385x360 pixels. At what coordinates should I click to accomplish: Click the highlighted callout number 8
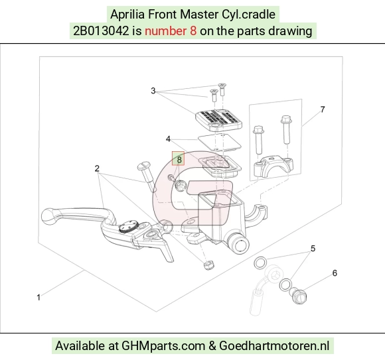point(179,160)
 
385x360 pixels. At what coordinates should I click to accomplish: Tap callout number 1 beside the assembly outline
point(38,298)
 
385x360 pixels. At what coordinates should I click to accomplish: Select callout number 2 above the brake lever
point(97,168)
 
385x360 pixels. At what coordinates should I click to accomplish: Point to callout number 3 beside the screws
point(153,91)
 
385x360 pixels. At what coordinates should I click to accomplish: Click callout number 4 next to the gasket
point(168,139)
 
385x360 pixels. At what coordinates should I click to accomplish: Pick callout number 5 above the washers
point(313,249)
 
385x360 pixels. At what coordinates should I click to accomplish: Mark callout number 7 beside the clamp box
point(323,109)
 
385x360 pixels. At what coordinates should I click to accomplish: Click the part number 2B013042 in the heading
point(101,31)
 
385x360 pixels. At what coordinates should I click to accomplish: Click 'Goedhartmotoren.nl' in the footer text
point(274,346)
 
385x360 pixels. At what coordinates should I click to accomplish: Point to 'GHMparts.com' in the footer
point(163,346)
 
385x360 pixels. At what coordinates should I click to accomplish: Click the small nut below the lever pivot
point(209,265)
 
